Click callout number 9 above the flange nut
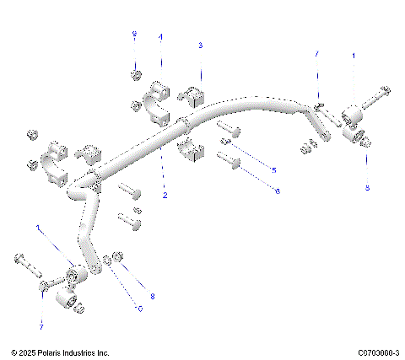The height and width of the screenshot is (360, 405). coord(133,34)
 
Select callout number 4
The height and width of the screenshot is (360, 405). coord(161,37)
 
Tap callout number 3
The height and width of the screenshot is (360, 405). coord(200,44)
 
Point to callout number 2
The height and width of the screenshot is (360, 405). coord(165,196)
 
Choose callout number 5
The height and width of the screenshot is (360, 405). coord(273,170)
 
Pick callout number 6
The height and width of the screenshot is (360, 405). coord(277,192)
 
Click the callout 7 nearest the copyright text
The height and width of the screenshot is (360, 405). coord(40,325)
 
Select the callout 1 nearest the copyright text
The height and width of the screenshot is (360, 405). coord(37,227)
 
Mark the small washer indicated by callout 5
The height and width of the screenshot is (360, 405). coord(226,142)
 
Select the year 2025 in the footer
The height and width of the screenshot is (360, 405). coord(27,352)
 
